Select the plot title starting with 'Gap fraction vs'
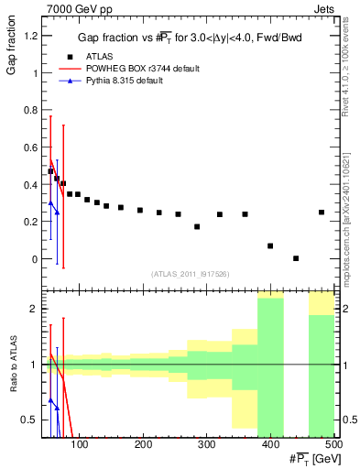[x=190, y=38]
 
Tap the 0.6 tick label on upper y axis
[x=30, y=147]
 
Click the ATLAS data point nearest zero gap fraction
[x=296, y=258]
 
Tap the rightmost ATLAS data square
[x=322, y=213]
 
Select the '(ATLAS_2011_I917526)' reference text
[x=190, y=274]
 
